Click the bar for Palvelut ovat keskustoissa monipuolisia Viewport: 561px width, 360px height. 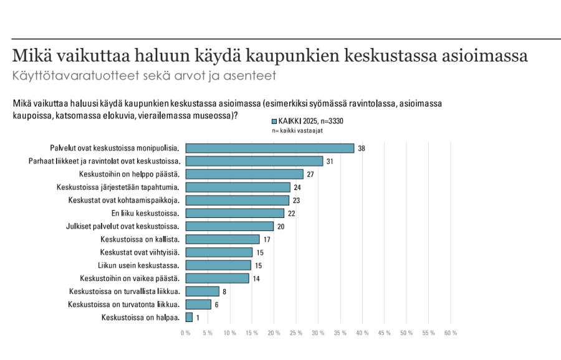pyautogui.click(x=269, y=148)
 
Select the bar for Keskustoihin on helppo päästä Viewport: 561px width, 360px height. pyautogui.click(x=244, y=174)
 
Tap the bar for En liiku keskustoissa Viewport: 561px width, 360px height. pyautogui.click(x=234, y=213)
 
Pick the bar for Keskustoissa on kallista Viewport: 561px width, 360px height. pyautogui.click(x=223, y=239)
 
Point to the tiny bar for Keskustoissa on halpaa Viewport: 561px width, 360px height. pyautogui.click(x=189, y=317)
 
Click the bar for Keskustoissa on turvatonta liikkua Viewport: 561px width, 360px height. pyautogui.click(x=198, y=304)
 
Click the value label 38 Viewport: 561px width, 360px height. pyautogui.click(x=361, y=148)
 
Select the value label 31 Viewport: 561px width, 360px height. pyautogui.click(x=330, y=161)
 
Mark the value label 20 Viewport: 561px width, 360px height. pyautogui.click(x=280, y=226)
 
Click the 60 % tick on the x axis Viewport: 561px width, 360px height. pyautogui.click(x=450, y=333)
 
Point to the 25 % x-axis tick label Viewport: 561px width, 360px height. pyautogui.click(x=296, y=333)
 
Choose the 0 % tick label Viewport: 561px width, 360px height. pyautogui.click(x=186, y=333)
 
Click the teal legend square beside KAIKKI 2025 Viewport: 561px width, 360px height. pyautogui.click(x=273, y=121)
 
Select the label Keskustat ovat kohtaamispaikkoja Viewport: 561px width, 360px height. pyautogui.click(x=124, y=200)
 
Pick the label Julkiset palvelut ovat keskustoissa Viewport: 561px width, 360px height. pyautogui.click(x=123, y=226)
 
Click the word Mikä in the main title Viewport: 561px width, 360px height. pyautogui.click(x=33, y=55)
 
